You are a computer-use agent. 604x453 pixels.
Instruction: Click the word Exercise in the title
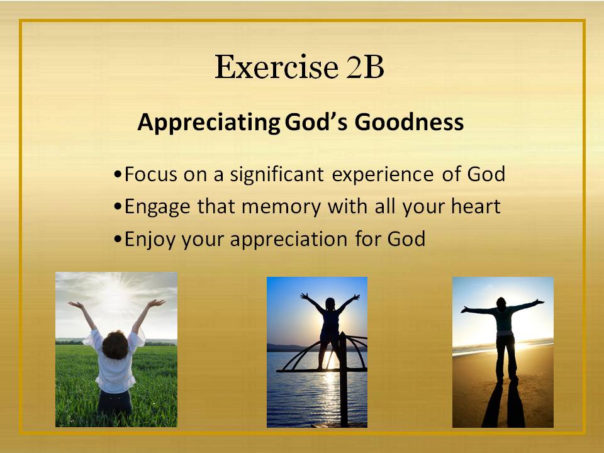pos(277,67)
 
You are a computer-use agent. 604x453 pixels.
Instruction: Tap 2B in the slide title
pos(365,67)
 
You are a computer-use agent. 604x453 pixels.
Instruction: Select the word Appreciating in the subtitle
pos(209,123)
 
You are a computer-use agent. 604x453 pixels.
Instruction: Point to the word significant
pos(277,175)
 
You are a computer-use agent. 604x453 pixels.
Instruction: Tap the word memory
pos(281,208)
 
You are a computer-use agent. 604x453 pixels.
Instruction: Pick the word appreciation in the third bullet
pos(289,240)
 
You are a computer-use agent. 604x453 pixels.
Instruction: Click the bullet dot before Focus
pos(118,174)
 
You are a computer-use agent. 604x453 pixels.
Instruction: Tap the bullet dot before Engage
pos(118,207)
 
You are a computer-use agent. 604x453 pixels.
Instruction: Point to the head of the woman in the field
pos(115,345)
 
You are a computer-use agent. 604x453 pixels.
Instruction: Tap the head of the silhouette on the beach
pos(501,303)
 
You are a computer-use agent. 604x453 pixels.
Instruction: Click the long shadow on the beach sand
pos(502,404)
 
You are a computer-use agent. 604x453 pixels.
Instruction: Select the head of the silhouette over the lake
pos(330,304)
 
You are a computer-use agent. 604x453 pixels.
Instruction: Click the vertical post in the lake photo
pos(342,379)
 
